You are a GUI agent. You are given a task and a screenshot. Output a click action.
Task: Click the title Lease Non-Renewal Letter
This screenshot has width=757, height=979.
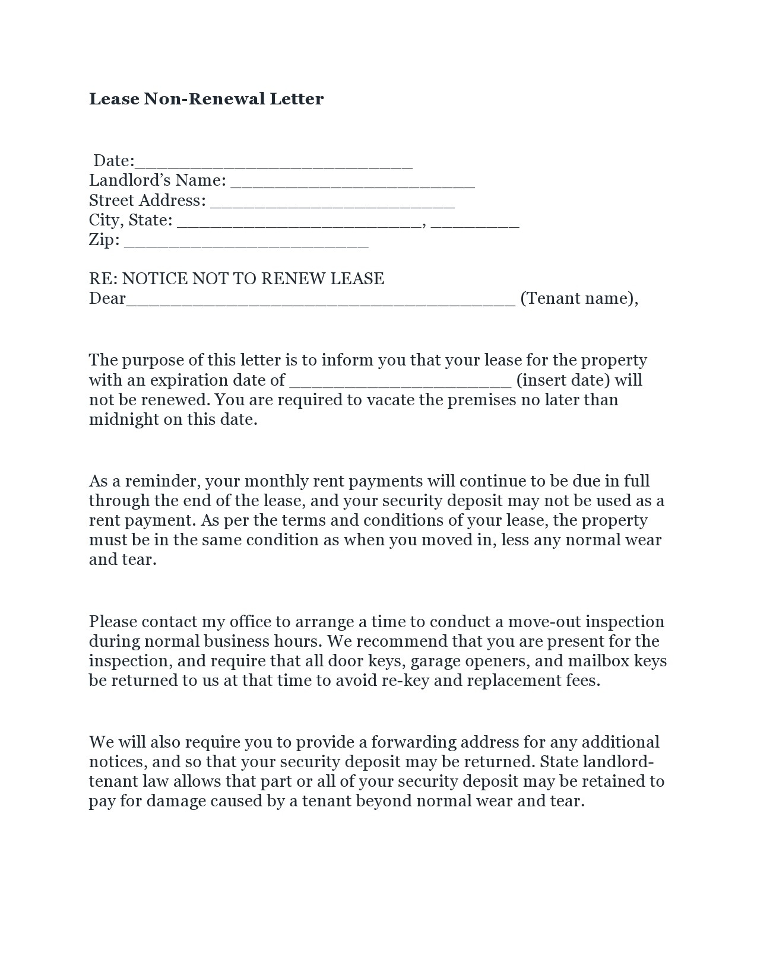(x=206, y=98)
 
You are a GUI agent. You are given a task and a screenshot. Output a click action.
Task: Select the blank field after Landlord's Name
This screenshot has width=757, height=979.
(x=352, y=182)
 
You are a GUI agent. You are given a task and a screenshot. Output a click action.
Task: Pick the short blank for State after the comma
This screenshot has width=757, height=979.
(x=475, y=222)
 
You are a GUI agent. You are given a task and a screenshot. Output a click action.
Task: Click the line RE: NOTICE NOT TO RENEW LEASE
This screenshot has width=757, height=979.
(x=236, y=278)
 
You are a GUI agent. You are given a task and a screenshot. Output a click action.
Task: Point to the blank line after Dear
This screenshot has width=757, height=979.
(x=321, y=300)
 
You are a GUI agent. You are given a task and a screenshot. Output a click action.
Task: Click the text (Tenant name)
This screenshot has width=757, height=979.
(x=578, y=298)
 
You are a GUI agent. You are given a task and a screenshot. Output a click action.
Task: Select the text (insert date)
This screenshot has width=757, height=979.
(x=563, y=380)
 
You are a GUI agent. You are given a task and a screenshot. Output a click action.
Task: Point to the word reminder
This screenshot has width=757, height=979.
(x=156, y=481)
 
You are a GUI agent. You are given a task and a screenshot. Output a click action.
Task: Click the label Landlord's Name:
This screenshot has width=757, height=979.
(x=157, y=180)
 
